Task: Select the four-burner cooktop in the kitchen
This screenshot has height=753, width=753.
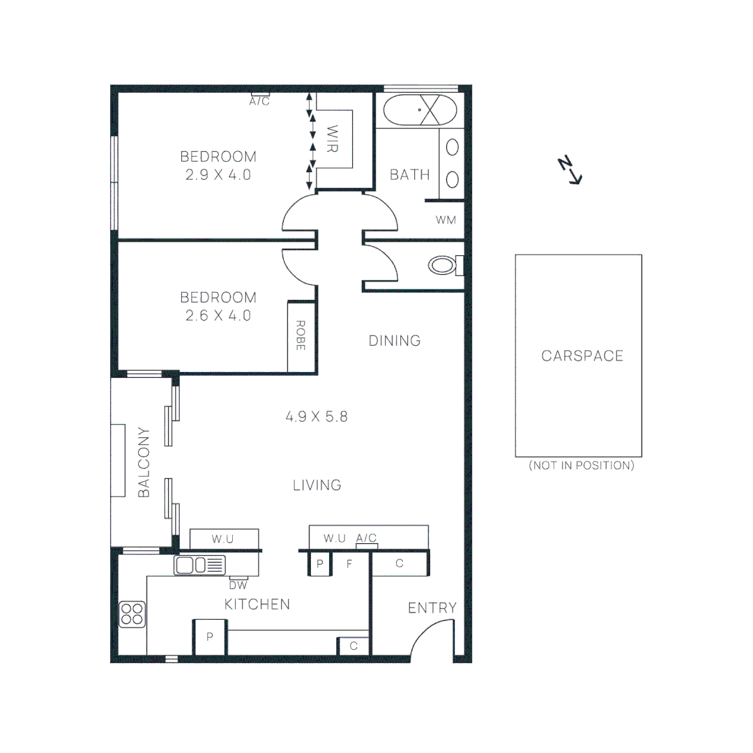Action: (132, 614)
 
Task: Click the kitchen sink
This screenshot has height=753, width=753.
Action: (199, 564)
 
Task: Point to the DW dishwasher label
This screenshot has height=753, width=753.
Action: (238, 585)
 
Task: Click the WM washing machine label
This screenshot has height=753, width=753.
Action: (446, 220)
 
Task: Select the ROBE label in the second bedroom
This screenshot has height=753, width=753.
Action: (301, 335)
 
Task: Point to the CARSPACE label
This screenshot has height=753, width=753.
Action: (582, 356)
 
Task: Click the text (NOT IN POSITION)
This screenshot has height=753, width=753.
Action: (581, 466)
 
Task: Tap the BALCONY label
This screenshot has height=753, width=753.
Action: (144, 462)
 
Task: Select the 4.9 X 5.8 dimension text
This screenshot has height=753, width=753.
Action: (317, 418)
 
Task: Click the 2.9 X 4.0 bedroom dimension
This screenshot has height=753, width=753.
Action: (218, 175)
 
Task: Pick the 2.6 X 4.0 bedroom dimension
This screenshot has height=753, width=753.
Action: (218, 315)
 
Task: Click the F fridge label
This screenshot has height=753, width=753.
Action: (349, 564)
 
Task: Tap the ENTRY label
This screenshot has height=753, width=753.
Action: (432, 609)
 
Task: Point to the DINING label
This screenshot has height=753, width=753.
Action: (395, 341)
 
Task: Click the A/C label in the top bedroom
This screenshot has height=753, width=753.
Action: (259, 102)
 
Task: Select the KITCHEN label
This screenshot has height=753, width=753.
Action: (257, 604)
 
